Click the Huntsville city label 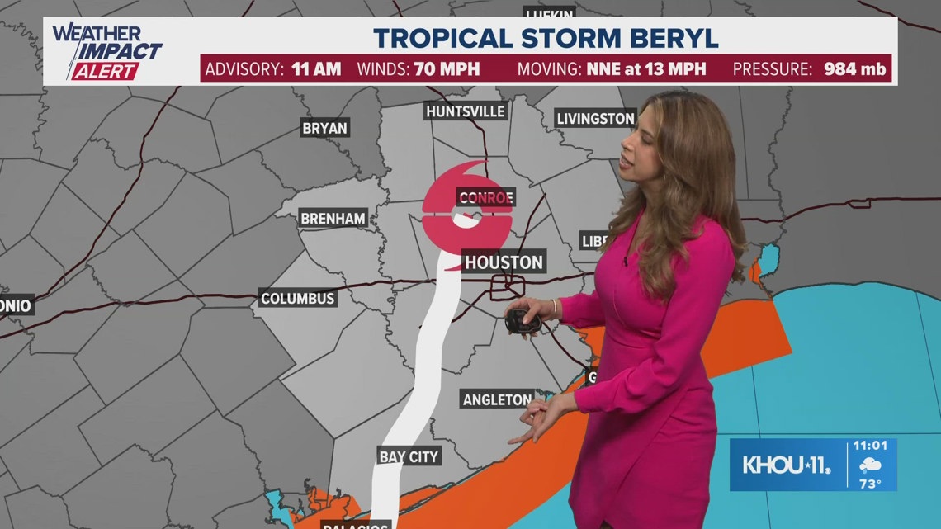(x=465, y=111)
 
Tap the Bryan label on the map (x=325, y=128)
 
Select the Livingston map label (x=595, y=118)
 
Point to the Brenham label (x=333, y=219)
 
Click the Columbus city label (x=298, y=298)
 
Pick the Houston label (x=504, y=262)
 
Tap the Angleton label (x=497, y=399)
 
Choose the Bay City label (x=409, y=456)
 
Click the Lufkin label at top (x=549, y=14)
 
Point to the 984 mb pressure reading (x=854, y=68)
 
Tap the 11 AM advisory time (x=315, y=68)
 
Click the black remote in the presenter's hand (x=522, y=320)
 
